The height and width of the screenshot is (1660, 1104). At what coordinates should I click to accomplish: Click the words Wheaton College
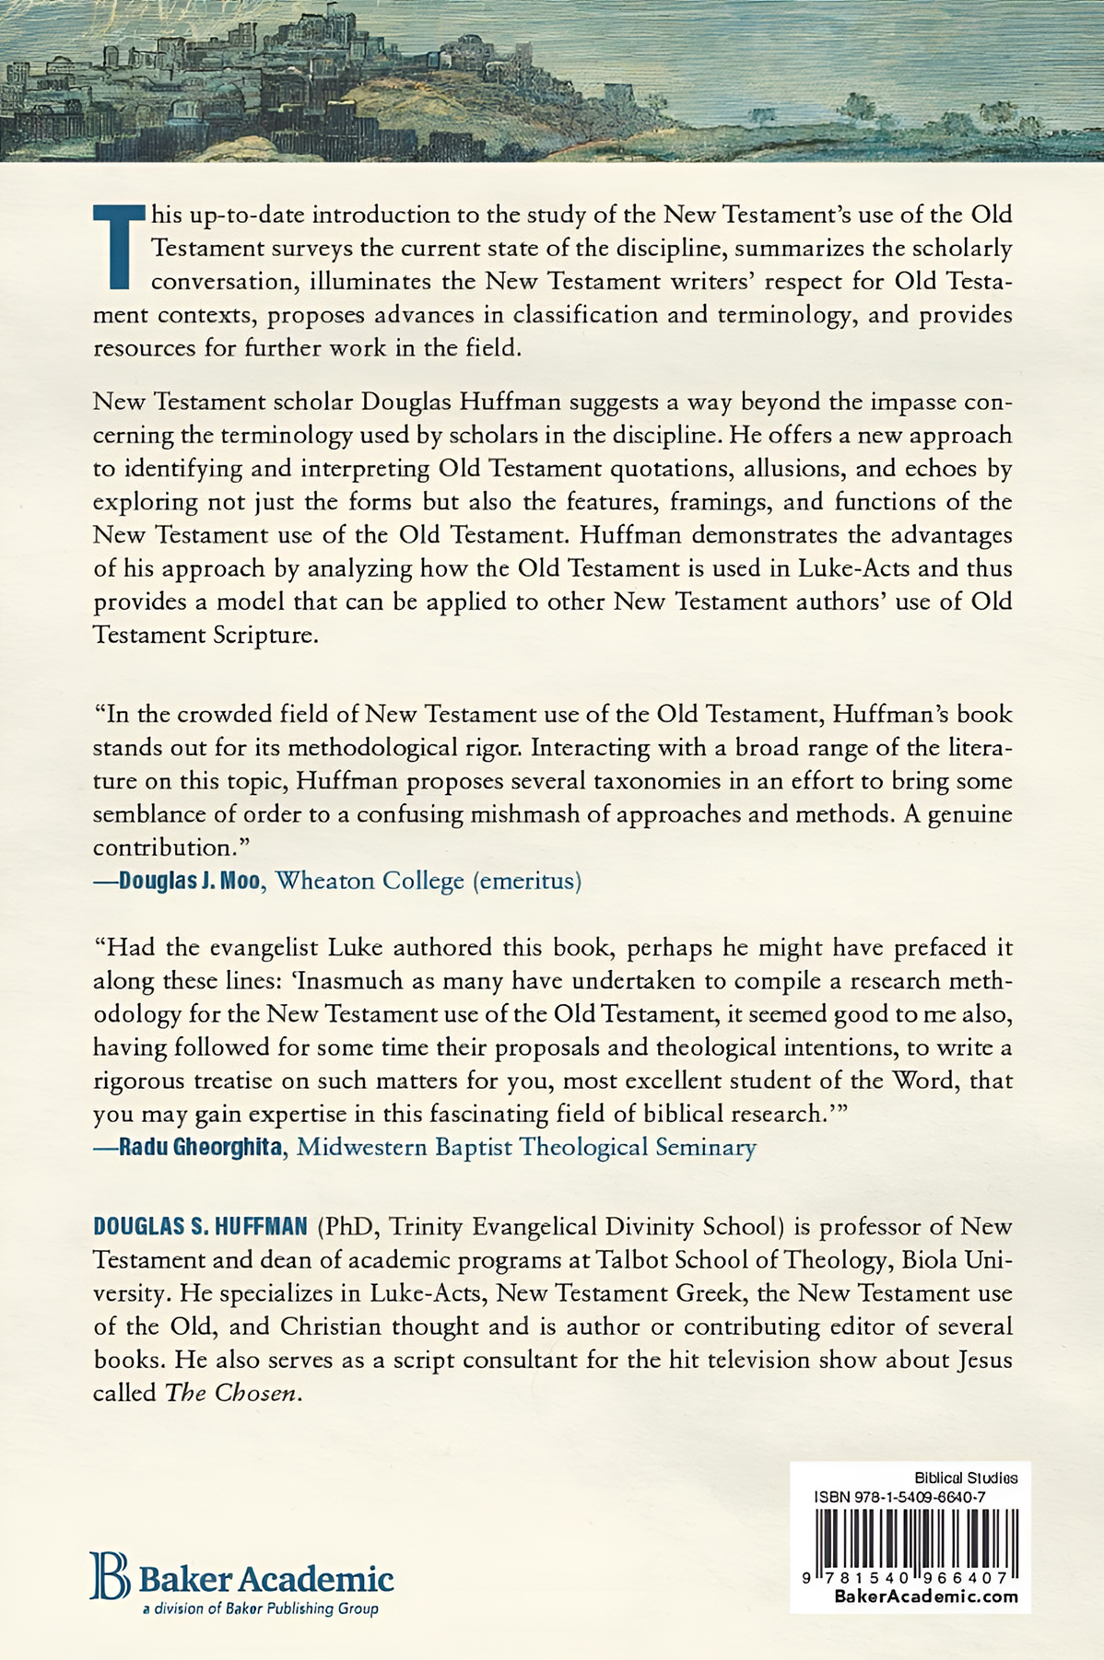pos(370,881)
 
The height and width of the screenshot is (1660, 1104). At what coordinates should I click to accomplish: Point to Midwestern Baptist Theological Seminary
pos(526,1148)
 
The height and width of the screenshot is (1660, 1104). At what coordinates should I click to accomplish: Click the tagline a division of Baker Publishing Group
pos(259,1609)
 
